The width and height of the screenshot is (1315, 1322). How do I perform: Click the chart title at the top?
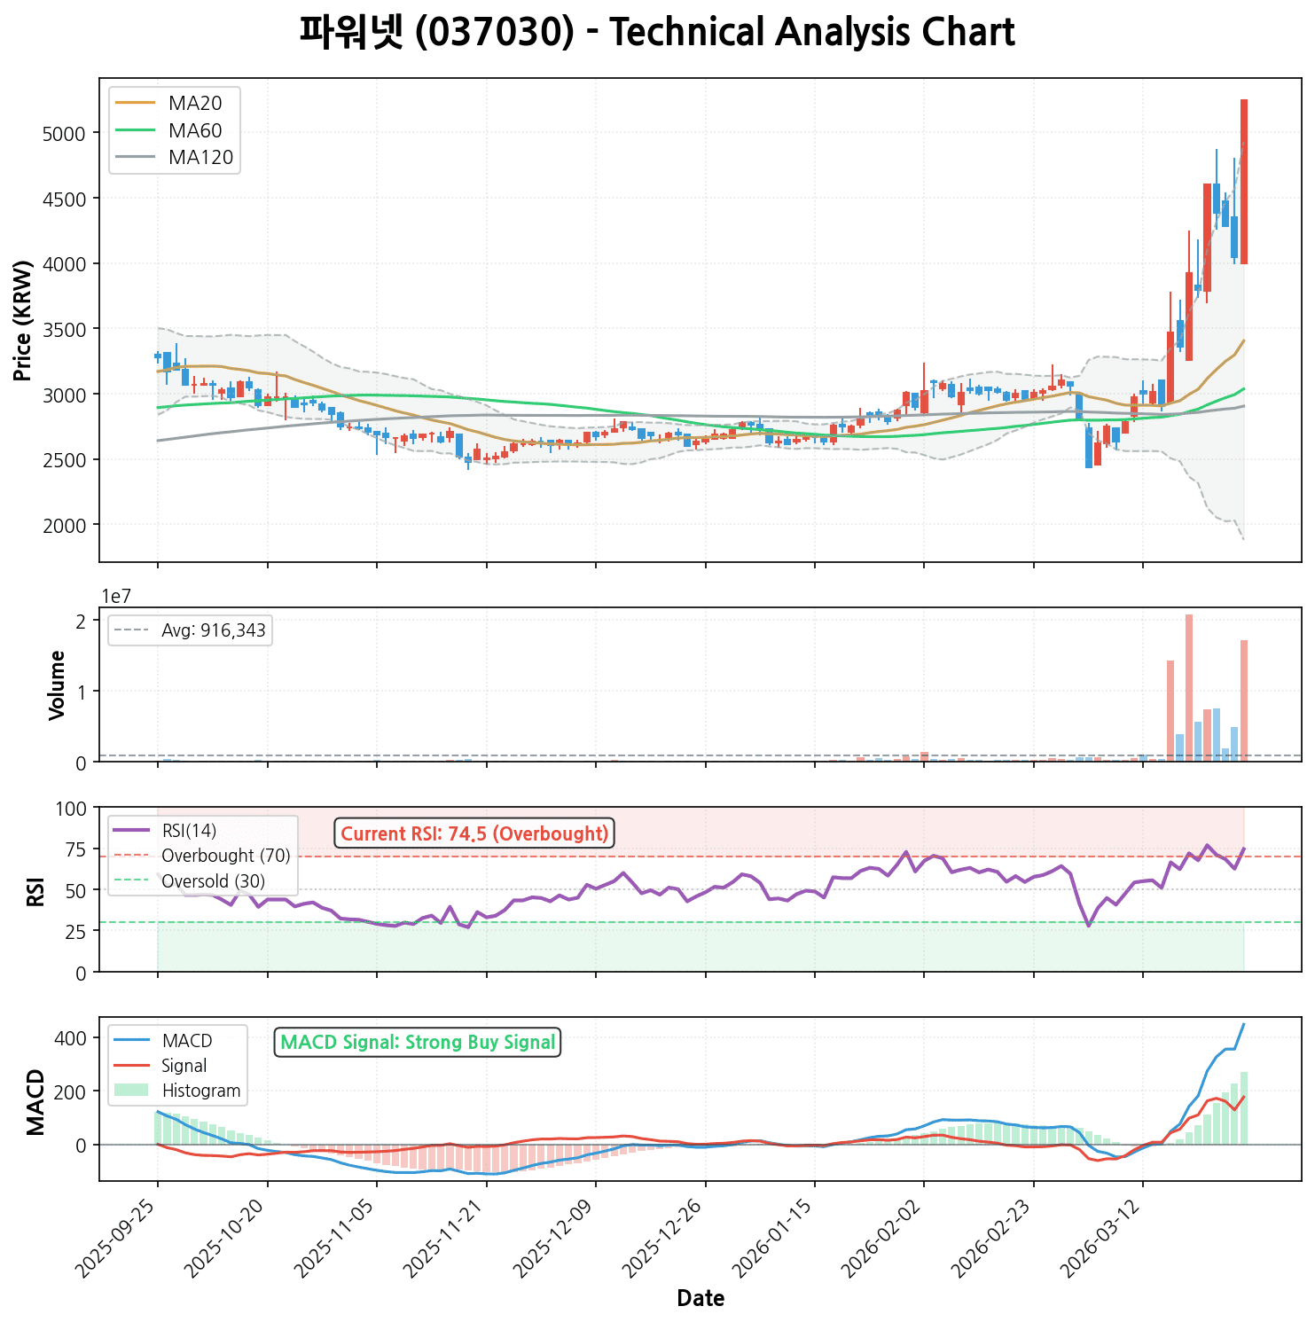click(656, 34)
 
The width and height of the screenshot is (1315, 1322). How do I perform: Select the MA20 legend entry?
click(195, 104)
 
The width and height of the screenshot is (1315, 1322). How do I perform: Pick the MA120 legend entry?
click(200, 158)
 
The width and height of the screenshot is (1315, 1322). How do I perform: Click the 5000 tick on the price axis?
click(64, 134)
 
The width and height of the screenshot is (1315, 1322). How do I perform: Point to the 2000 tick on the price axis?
click(64, 525)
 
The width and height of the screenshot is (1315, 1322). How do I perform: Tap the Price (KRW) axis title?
click(24, 320)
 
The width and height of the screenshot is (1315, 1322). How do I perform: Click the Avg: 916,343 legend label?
click(213, 631)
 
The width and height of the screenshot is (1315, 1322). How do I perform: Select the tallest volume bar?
click(1189, 687)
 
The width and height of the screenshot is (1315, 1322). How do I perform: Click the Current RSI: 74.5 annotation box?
click(474, 833)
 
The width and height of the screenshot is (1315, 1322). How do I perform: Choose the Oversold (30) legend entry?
click(213, 881)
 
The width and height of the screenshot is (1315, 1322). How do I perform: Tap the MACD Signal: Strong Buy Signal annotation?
click(418, 1043)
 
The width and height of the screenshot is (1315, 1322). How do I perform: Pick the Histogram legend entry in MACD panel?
click(201, 1091)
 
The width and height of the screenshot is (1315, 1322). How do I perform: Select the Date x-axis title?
click(701, 1299)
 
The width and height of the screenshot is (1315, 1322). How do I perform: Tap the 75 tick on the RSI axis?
click(76, 849)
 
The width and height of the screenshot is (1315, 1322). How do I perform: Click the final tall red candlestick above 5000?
click(1244, 182)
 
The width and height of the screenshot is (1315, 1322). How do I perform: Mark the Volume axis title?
click(58, 684)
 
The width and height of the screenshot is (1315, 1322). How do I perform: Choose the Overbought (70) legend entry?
click(225, 857)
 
